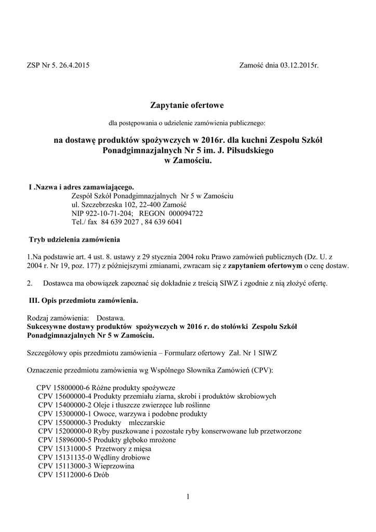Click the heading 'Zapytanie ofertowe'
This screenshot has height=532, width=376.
click(187, 106)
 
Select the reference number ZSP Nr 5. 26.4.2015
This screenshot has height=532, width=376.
click(57, 65)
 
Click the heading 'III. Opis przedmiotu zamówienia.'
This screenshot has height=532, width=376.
click(83, 300)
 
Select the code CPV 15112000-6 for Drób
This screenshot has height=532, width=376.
click(65, 475)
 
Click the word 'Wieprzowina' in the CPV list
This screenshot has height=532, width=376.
click(115, 466)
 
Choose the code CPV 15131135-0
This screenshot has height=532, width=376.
click(65, 457)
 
